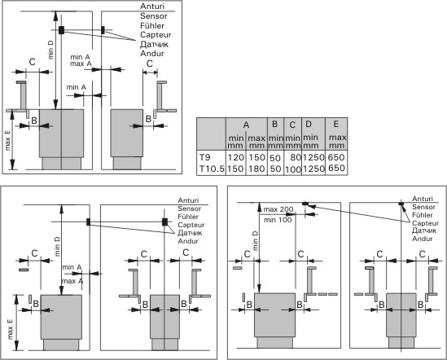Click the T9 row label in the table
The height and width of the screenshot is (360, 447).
204,157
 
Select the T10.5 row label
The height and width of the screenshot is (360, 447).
212,169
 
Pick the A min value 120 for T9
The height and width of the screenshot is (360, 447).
236,157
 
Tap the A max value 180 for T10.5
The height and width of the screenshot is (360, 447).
256,169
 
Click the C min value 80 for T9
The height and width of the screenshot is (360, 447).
296,158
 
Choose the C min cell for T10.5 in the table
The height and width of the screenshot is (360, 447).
293,169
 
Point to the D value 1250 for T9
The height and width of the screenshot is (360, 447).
313,157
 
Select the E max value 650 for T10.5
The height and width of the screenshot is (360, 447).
336,168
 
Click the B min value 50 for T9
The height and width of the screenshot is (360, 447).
275,158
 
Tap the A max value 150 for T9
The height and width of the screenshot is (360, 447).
256,157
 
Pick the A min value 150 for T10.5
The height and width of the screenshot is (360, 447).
236,169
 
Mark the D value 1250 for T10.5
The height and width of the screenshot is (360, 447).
313,169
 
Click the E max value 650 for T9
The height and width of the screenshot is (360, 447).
336,157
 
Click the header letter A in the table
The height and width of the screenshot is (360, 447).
247,125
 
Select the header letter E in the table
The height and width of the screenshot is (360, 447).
335,124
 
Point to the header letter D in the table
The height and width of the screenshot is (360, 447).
309,124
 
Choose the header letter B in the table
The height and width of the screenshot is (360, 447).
275,124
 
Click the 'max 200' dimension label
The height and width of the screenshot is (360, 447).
278,209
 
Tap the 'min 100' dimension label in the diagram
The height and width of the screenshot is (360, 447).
278,220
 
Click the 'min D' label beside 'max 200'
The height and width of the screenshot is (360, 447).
256,241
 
